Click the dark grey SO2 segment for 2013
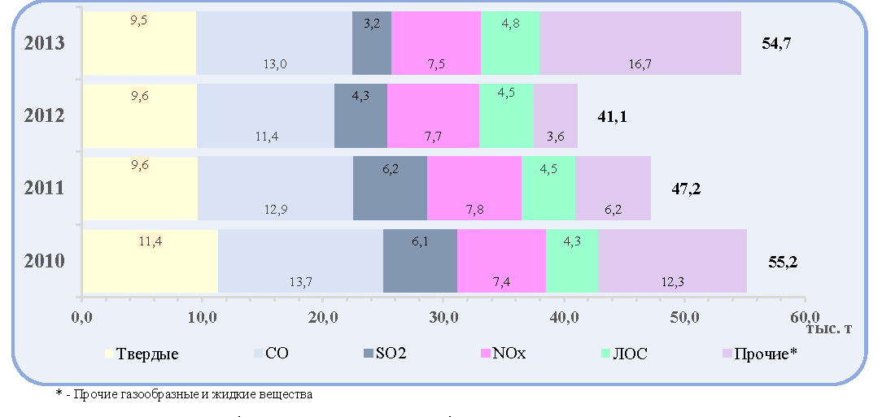tap(371, 43)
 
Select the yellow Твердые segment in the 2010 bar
tap(151, 261)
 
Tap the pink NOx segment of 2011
tap(474, 189)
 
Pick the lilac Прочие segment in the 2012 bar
tap(556, 115)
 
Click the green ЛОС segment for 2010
tap(572, 261)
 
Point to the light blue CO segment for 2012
tap(265, 115)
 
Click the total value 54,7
tap(777, 44)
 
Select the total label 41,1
tap(612, 116)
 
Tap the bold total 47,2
tap(686, 189)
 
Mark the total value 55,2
tap(783, 262)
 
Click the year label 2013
tap(45, 43)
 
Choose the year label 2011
tap(45, 189)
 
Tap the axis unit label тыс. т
tap(829, 328)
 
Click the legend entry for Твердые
tap(142, 354)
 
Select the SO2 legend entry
tap(385, 354)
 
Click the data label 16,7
tap(640, 64)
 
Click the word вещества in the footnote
tap(286, 394)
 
